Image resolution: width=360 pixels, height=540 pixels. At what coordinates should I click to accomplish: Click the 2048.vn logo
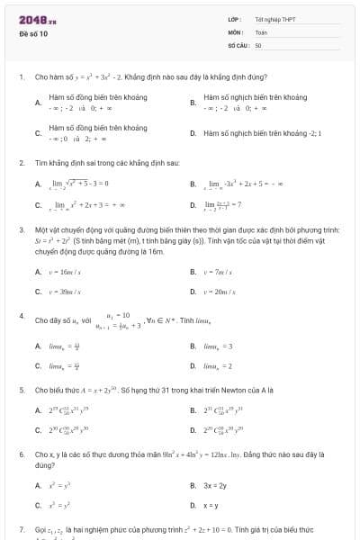(x=38, y=19)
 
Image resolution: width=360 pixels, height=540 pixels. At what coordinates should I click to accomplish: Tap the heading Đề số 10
(x=33, y=34)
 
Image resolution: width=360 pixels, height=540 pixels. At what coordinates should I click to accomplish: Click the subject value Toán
(x=261, y=31)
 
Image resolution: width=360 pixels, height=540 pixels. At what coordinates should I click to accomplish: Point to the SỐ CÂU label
(x=238, y=44)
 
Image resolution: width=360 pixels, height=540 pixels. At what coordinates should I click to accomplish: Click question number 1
(x=21, y=78)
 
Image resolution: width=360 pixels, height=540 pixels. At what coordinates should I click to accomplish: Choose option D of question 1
(x=262, y=133)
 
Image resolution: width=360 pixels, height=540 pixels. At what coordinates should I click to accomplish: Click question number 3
(x=21, y=230)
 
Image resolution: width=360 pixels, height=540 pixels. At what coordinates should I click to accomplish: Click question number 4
(x=21, y=316)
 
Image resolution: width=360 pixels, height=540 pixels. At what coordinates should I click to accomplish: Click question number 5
(x=21, y=391)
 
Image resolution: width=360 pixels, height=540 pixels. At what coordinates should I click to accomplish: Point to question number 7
(x=21, y=529)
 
